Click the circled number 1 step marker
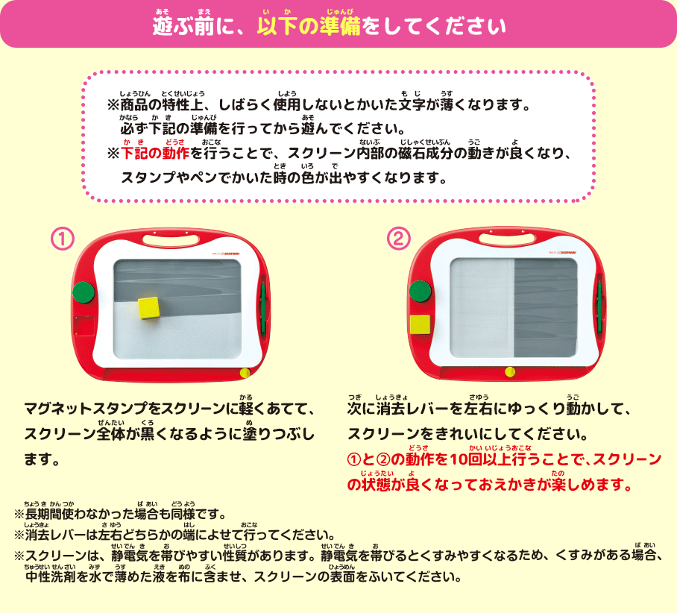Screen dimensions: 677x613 63,239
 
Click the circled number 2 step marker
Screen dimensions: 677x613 398,239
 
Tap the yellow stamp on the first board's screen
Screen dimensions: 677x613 149,307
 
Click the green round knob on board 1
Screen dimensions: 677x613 84,292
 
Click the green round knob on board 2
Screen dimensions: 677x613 421,291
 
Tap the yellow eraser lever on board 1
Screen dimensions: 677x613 245,373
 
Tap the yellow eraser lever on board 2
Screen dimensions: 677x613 510,371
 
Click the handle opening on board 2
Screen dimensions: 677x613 507,239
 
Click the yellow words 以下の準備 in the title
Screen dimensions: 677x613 309,26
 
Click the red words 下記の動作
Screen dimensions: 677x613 155,154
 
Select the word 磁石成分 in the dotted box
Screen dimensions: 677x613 426,154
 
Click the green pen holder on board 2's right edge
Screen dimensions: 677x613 599,307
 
